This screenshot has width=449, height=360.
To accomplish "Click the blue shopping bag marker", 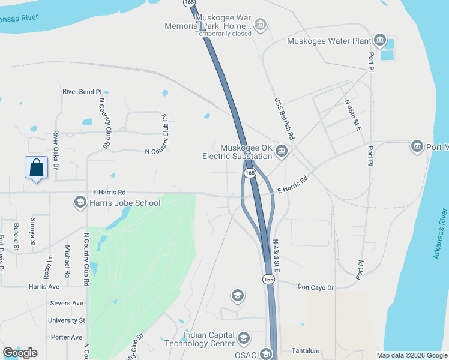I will coord(36,168).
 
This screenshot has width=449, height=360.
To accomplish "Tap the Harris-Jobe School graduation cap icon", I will coord(80,202).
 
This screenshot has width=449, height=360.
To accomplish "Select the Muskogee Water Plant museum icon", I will coord(379,40).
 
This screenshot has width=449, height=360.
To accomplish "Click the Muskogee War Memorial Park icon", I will coord(261,25).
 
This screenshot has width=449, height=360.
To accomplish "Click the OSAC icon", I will coord(266,355).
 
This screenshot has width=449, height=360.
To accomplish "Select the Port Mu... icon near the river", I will coord(417,146).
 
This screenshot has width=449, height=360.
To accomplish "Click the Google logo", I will coord(20,353).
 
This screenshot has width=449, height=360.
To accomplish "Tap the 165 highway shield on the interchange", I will coord(250,173).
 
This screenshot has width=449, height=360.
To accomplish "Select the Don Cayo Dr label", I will coord(315,288).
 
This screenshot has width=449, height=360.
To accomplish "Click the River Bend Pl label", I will coord(82,92).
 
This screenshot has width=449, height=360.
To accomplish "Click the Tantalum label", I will coord(305,350).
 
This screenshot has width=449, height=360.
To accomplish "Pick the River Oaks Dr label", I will coord(55,149).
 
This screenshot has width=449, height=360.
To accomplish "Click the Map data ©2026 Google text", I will coord(412,355).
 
